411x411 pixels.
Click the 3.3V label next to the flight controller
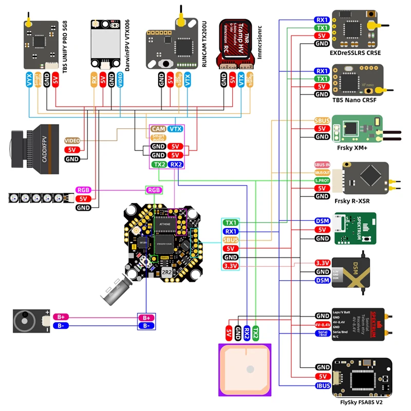(231, 266)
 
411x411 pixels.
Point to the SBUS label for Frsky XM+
(322, 120)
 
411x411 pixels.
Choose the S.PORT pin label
(322, 180)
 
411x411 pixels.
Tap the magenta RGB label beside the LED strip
(83, 190)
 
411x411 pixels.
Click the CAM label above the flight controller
(158, 129)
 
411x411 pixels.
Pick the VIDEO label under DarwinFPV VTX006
(120, 81)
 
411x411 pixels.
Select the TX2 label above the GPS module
(255, 333)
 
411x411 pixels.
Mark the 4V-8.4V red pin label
(323, 325)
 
